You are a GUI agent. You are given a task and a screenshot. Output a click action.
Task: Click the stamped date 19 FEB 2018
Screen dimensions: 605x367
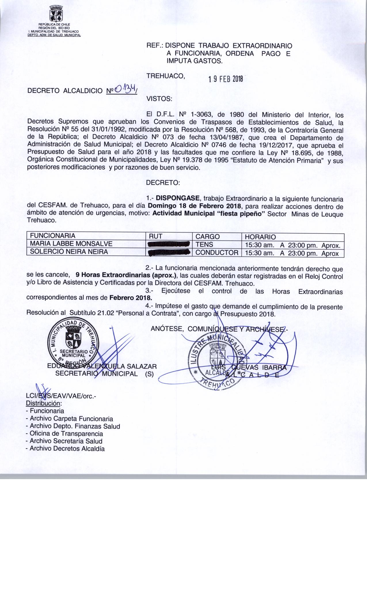click(226, 79)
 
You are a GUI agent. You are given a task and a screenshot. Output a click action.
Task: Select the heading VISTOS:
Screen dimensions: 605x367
click(159, 99)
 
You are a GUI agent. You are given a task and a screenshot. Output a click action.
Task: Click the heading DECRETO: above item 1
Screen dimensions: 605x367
click(163, 183)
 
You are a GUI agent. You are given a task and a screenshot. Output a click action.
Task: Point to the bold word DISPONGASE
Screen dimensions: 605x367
click(176, 199)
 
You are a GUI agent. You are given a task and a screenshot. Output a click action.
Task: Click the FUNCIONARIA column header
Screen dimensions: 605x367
click(53, 236)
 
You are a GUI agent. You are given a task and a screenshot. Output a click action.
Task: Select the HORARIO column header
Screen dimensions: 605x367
click(260, 237)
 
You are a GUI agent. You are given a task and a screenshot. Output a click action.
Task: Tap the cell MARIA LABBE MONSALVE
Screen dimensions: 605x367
click(69, 244)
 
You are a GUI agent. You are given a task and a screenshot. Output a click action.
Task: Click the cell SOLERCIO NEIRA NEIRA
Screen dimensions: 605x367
click(69, 252)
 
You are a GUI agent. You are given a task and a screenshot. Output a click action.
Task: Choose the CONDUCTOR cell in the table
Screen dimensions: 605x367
click(217, 252)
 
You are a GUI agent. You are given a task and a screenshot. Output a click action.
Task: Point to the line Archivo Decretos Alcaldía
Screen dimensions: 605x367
click(65, 449)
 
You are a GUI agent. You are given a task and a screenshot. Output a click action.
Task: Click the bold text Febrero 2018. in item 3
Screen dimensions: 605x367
click(131, 297)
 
